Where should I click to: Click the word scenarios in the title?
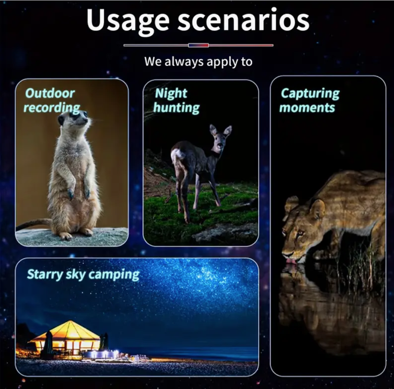(244, 20)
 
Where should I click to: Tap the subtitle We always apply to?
(198, 61)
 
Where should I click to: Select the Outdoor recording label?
(52, 100)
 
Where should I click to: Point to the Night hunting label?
(176, 100)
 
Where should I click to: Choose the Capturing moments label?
(310, 100)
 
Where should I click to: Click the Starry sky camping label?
(83, 274)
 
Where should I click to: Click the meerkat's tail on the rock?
(34, 224)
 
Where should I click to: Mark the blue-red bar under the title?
(198, 45)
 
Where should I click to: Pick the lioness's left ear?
(318, 208)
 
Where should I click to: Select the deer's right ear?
(228, 131)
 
